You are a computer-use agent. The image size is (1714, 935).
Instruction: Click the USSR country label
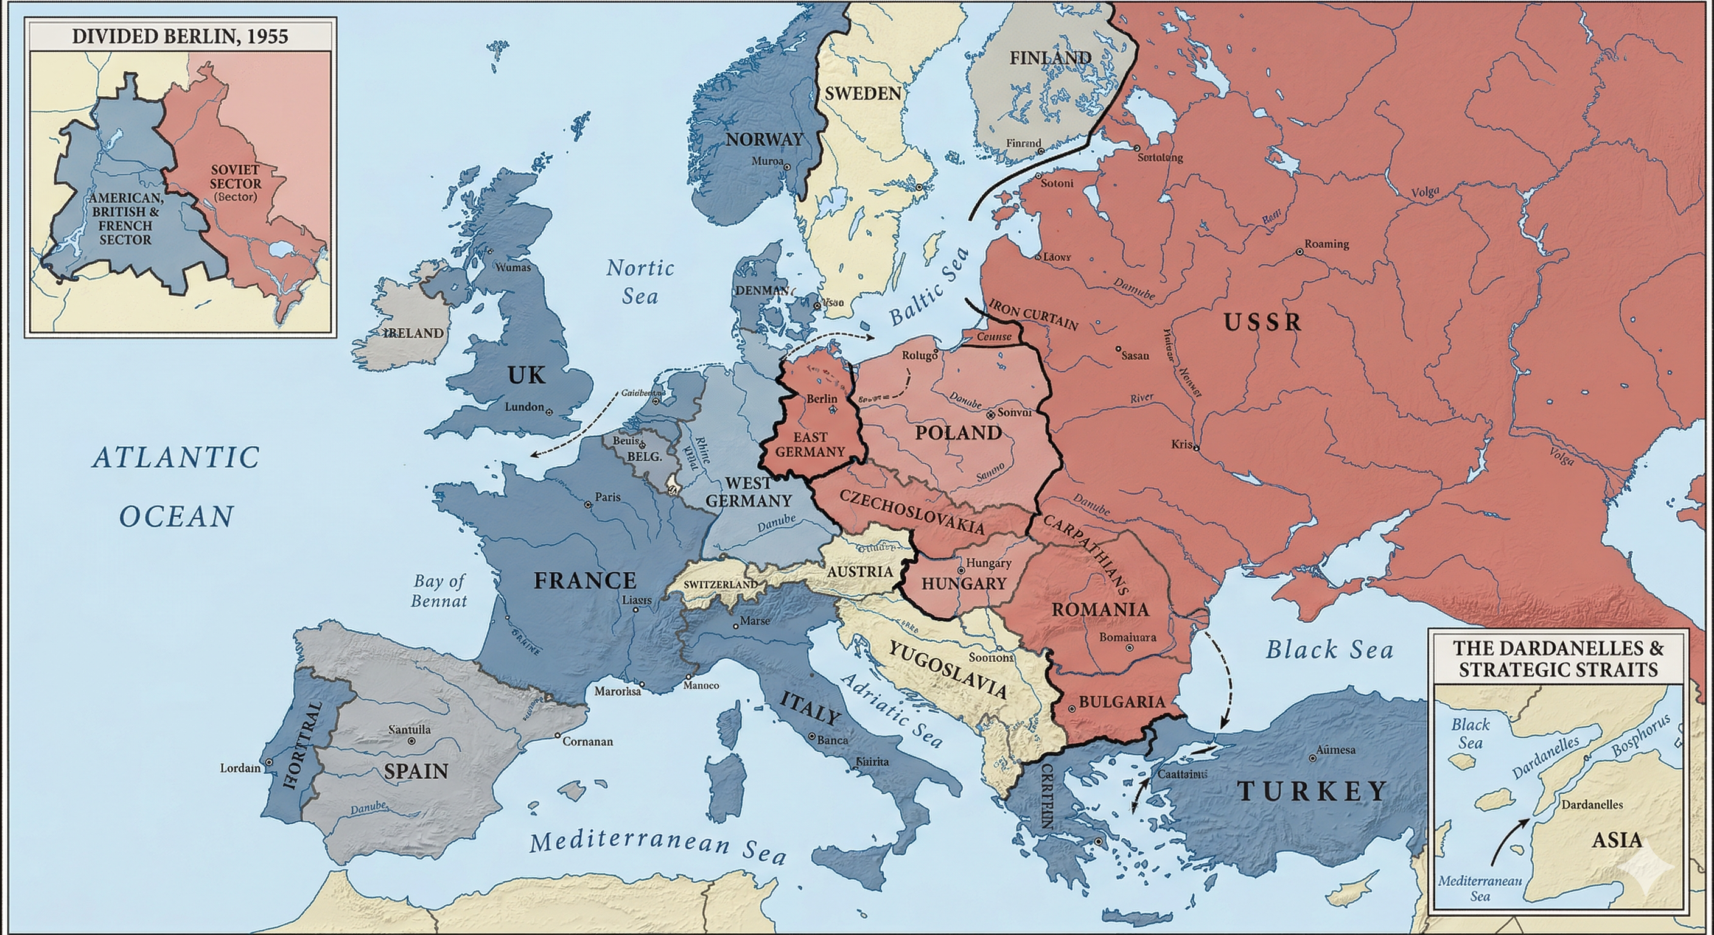point(1262,323)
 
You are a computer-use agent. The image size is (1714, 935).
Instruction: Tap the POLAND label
point(958,433)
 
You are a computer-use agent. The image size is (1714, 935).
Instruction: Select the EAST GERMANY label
point(810,444)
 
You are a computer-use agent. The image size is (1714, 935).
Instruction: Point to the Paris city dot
point(587,505)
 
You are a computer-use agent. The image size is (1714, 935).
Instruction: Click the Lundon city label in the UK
point(524,407)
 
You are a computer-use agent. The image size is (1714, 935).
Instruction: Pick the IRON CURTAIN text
point(1034,314)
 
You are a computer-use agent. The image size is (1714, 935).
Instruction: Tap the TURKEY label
point(1312,791)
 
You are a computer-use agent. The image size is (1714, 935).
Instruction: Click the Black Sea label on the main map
point(1329,650)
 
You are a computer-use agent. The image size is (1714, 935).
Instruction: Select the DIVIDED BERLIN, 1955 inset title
point(180,36)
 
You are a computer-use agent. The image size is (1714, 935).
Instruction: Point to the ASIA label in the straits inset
point(1617,840)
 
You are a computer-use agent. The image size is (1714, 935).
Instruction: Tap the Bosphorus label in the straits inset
point(1640,736)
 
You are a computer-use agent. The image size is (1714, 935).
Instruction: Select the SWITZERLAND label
point(721,584)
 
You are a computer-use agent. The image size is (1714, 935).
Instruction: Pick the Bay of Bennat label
point(439,590)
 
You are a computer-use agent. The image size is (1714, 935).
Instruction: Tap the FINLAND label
point(1050,58)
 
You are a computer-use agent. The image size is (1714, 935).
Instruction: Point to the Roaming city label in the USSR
point(1326,244)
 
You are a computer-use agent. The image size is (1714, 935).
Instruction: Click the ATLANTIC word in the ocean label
point(176,458)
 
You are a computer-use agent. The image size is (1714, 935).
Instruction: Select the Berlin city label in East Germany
point(821,399)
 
